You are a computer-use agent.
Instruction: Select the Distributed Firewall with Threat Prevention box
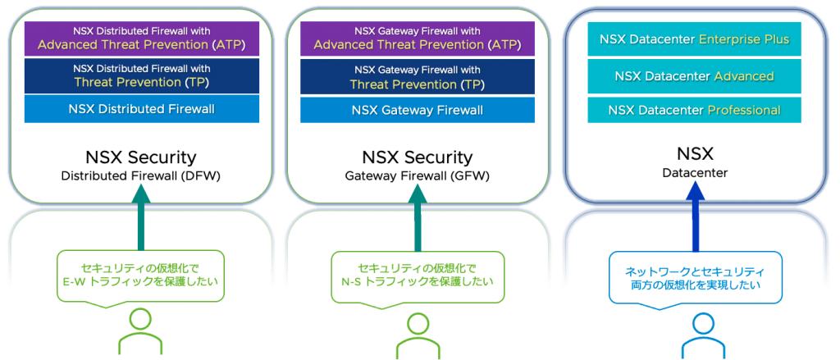(142, 75)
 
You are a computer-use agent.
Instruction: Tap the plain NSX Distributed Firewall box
(142, 109)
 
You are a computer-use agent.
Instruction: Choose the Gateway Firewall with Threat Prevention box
(418, 75)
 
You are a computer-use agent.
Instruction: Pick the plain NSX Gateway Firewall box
(418, 109)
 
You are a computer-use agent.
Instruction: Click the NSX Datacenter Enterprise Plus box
(694, 39)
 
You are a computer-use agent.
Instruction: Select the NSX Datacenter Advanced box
(694, 75)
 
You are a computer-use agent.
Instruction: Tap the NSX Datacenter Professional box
(694, 110)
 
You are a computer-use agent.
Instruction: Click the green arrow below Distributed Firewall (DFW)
(141, 217)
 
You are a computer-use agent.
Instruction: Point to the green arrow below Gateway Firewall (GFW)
(418, 217)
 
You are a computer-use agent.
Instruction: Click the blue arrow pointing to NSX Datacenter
(694, 217)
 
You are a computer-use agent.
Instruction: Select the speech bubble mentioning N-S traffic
(417, 276)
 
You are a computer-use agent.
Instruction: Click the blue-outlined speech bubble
(695, 278)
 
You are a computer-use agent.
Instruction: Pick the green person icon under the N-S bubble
(417, 335)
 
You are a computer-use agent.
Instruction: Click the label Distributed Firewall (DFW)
(142, 175)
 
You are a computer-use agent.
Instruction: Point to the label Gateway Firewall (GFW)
(418, 175)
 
